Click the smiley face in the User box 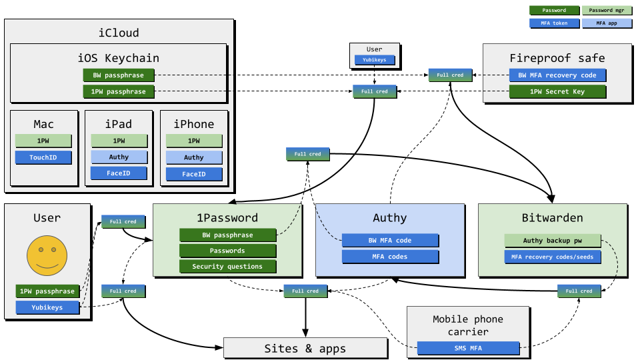(47, 255)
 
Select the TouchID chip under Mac (43, 158)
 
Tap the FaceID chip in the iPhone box (193, 174)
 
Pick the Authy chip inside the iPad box (119, 157)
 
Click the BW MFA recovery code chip (557, 75)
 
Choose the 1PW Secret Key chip (557, 92)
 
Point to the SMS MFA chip (467, 348)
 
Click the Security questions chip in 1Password (227, 267)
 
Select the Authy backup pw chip (552, 241)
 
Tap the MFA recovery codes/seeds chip (552, 257)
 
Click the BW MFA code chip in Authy (390, 241)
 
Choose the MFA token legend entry (554, 23)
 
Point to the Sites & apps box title (305, 349)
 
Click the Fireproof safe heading (557, 57)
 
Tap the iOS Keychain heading (119, 57)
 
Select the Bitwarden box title (552, 218)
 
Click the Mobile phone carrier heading (467, 325)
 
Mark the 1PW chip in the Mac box (43, 141)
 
